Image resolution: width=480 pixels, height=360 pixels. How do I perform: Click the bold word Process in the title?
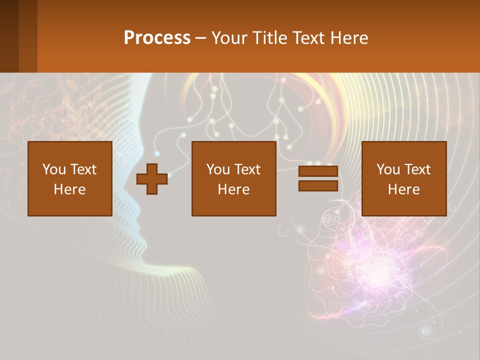click(x=157, y=38)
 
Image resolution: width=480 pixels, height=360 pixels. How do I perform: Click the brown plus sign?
click(x=152, y=179)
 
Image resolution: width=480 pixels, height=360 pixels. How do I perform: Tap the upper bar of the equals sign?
click(x=318, y=171)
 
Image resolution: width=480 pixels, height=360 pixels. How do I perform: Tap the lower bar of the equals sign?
click(x=318, y=186)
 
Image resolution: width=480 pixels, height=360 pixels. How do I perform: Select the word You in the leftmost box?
click(x=53, y=169)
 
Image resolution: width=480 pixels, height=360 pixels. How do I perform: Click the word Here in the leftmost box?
click(x=69, y=189)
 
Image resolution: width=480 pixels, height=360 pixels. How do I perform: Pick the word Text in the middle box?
click(x=247, y=169)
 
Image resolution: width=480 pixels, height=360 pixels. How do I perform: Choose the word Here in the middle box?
click(x=233, y=189)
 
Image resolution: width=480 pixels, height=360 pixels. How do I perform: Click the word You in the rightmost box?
click(x=388, y=169)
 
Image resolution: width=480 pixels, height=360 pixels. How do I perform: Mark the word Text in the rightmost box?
click(x=417, y=169)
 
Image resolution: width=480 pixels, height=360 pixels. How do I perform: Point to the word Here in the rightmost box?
click(x=403, y=189)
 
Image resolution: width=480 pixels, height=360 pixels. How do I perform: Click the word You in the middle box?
click(x=218, y=169)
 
